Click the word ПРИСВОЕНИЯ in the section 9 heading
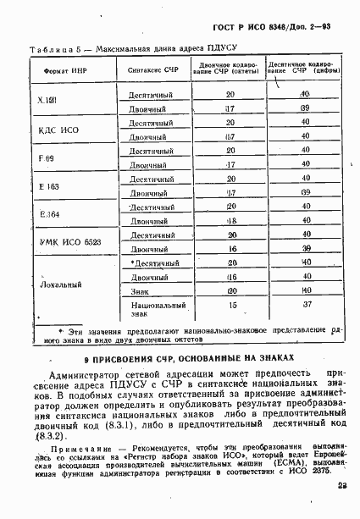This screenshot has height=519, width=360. coord(134,357)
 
